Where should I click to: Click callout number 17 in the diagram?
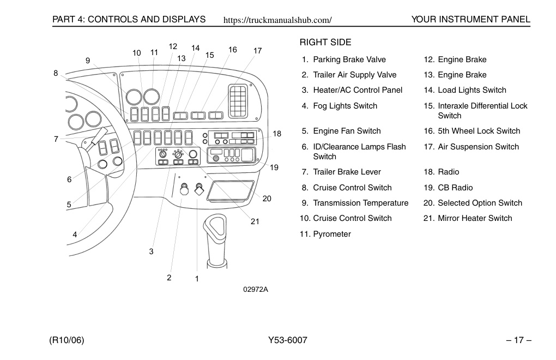coord(257,51)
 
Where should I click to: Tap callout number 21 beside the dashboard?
coord(255,221)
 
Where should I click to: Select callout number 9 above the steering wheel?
coord(88,61)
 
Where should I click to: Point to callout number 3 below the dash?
coord(151,251)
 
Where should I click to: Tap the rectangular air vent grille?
coord(238,101)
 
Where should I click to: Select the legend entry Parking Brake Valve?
coord(349,59)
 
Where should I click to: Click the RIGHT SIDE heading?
coord(325,42)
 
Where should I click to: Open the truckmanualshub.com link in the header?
coord(277,20)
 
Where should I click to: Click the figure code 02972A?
coord(256,290)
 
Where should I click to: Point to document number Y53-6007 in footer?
coord(288,340)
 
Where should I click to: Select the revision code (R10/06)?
coord(67,340)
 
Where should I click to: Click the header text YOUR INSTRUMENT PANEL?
coord(470,20)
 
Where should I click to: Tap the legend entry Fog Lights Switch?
coord(345,106)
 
